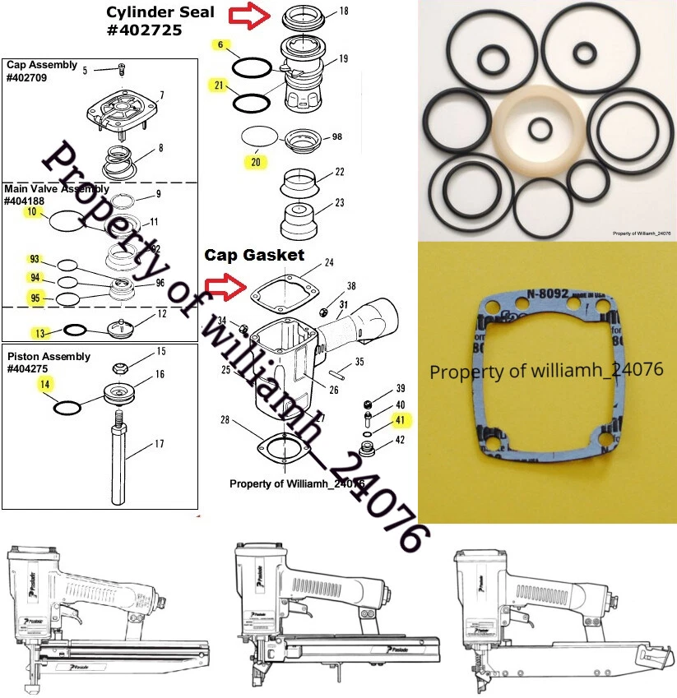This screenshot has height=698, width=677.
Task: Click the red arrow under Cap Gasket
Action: click(x=226, y=287)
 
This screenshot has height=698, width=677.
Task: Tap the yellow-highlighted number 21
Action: click(x=219, y=86)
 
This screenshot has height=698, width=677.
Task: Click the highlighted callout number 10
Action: click(x=32, y=211)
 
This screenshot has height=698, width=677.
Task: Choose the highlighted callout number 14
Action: click(x=44, y=384)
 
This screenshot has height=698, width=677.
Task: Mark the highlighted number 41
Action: click(x=401, y=420)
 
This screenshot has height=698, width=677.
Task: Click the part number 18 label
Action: click(x=343, y=12)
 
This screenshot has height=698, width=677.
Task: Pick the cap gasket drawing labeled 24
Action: click(x=283, y=291)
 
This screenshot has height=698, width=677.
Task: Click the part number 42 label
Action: click(x=400, y=441)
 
